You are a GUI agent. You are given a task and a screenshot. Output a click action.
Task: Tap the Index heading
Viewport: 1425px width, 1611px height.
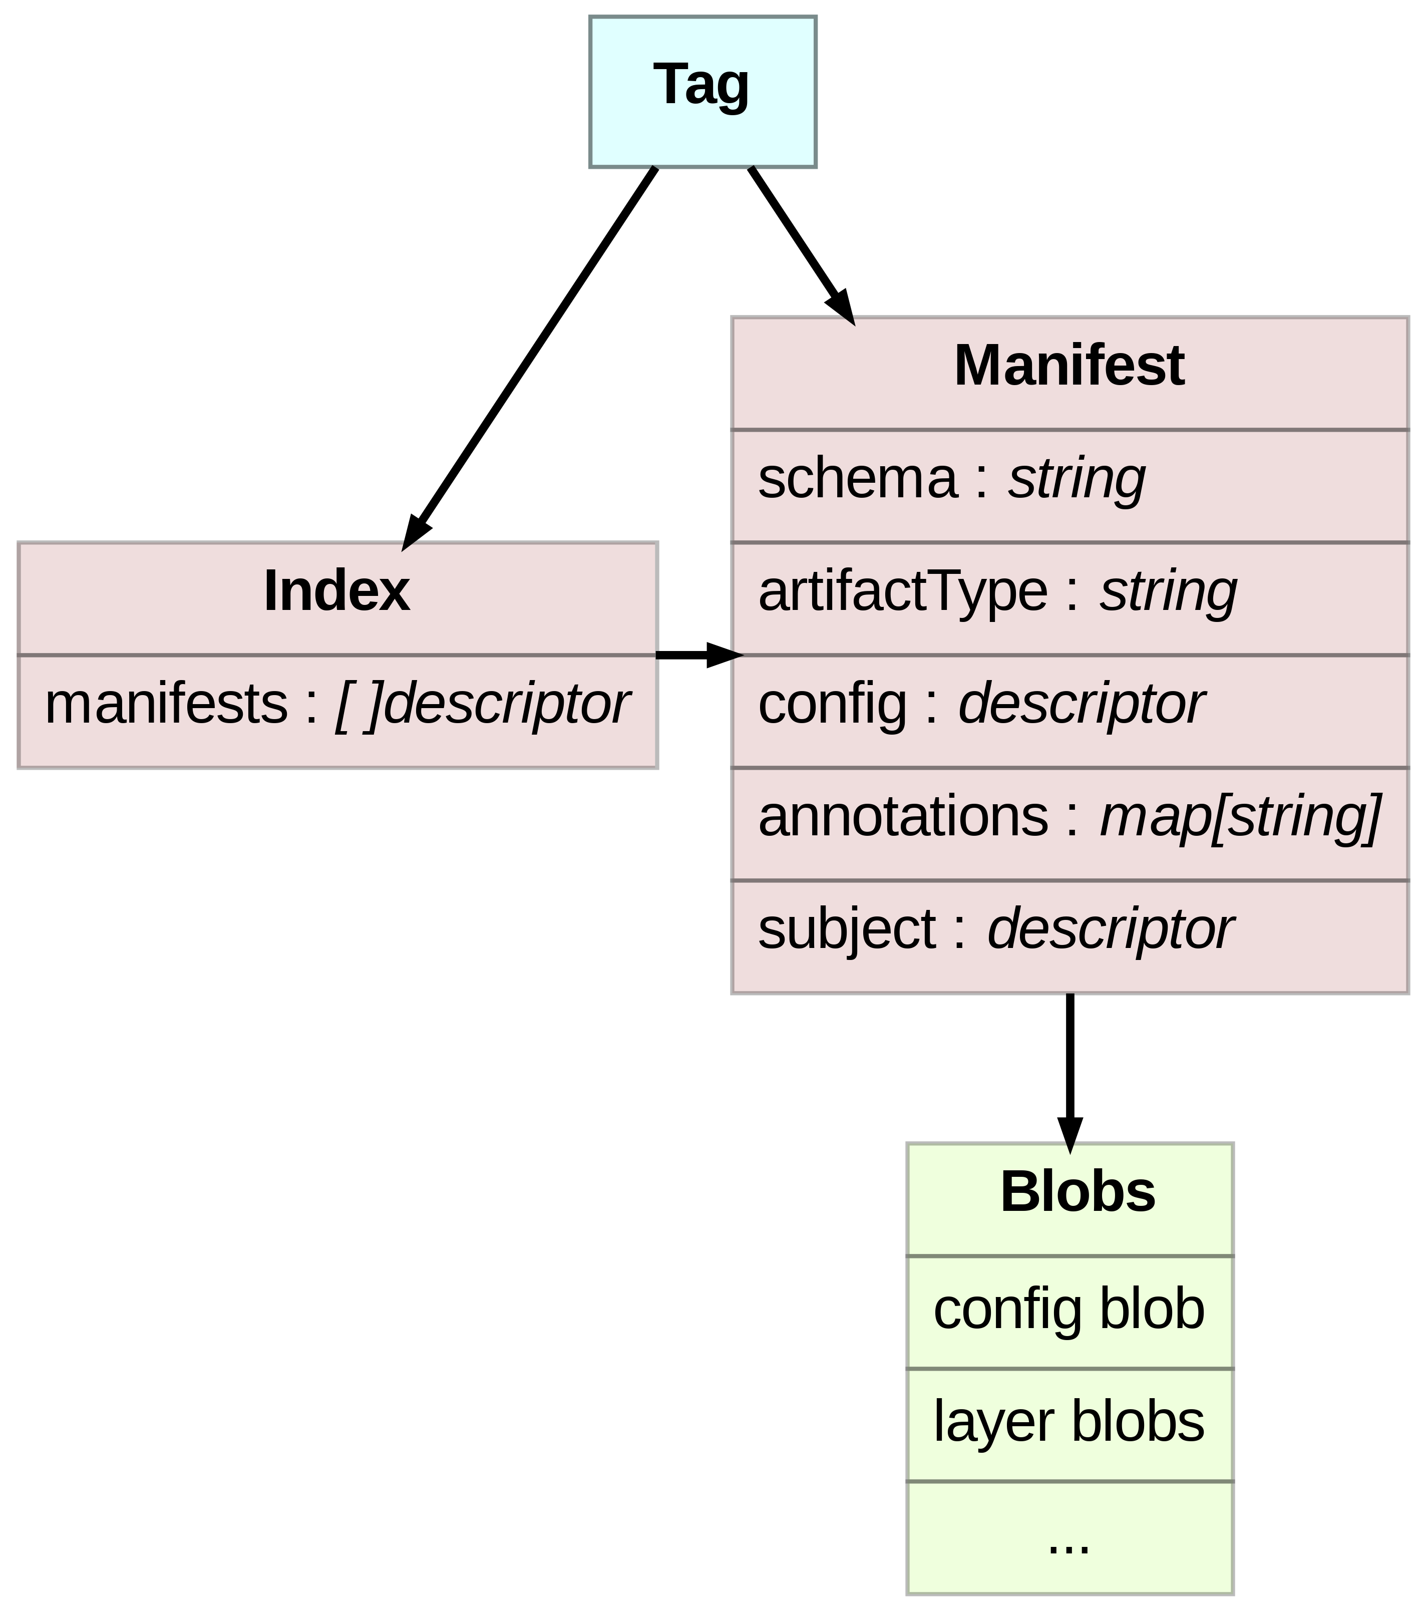[x=336, y=591]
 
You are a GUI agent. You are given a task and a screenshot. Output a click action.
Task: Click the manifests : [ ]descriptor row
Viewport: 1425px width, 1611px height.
[x=336, y=704]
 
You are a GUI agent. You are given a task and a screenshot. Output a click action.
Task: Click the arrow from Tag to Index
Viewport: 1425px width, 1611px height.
[x=528, y=355]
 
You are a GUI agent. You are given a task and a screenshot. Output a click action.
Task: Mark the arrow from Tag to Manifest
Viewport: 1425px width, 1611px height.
[x=796, y=236]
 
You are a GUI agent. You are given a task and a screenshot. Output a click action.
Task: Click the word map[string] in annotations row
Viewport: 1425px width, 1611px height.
[x=1240, y=817]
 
